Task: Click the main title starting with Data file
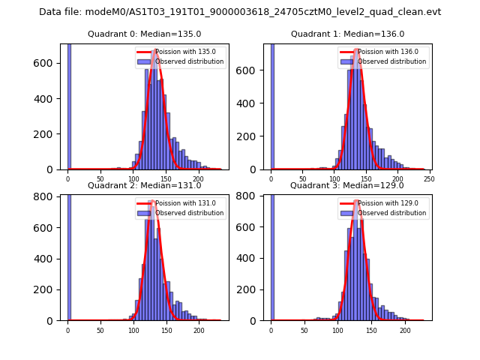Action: pyautogui.click(x=240, y=12)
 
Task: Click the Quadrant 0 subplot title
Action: pyautogui.click(x=144, y=34)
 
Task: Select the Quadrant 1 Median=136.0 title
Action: pyautogui.click(x=347, y=34)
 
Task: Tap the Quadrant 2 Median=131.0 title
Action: pyautogui.click(x=144, y=185)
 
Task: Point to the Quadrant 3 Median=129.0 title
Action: pyautogui.click(x=347, y=185)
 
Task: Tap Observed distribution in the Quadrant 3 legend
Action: pyautogui.click(x=391, y=213)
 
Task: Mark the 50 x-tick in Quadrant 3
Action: pyautogui.click(x=304, y=330)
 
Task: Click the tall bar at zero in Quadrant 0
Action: pyautogui.click(x=69, y=105)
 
